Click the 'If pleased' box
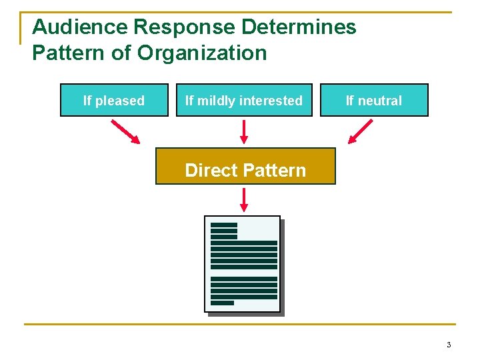coord(114,100)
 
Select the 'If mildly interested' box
coord(244,100)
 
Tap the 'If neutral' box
coord(374,100)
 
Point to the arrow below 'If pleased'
coord(126,131)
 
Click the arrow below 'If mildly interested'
coord(244,131)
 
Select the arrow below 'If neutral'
coord(361,131)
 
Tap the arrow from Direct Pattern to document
coord(244,199)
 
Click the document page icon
coord(243,264)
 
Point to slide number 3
coord(449,345)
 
